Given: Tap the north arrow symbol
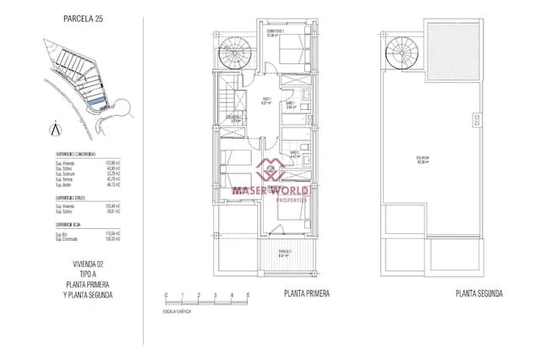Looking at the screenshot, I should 55,129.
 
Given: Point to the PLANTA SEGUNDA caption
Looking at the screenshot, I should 479,293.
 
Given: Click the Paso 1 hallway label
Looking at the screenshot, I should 265,101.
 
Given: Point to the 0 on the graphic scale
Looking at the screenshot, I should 167,294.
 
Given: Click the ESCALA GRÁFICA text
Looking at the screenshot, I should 178,312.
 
